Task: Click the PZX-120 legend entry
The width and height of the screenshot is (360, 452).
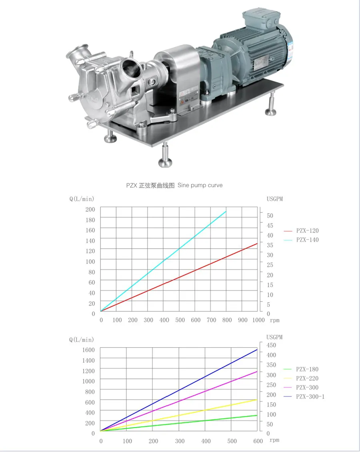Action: pos(301,231)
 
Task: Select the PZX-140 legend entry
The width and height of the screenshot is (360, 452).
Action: pos(301,240)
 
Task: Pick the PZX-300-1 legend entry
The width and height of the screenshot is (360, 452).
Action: pos(304,397)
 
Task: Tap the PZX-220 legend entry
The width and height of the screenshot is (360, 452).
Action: pos(301,378)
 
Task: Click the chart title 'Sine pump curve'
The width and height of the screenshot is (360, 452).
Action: pos(200,185)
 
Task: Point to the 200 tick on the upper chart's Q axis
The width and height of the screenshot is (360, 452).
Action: pos(90,209)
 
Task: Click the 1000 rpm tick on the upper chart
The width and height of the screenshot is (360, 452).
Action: pos(258,320)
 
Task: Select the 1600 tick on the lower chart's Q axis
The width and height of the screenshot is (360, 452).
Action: pos(88,350)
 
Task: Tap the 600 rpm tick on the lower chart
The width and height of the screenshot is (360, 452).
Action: pos(258,441)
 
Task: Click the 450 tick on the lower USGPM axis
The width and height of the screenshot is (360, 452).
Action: pos(271,345)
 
